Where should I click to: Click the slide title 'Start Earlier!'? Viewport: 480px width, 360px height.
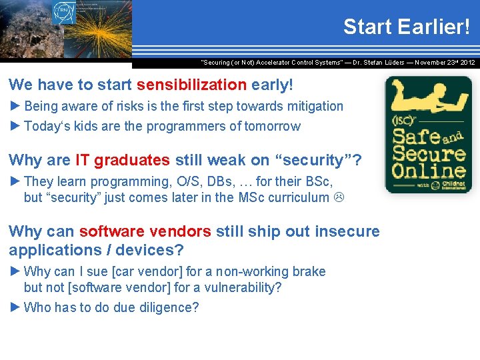click(x=406, y=27)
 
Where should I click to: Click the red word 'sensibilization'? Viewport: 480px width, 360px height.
click(x=191, y=85)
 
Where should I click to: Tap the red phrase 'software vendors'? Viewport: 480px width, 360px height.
click(x=145, y=231)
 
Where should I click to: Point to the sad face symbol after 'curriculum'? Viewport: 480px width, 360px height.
click(x=339, y=197)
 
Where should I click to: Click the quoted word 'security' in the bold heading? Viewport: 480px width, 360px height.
click(x=313, y=160)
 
